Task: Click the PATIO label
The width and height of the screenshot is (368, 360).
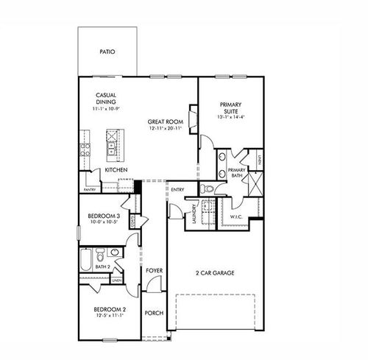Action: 107,52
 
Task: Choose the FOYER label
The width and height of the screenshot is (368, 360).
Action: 153,271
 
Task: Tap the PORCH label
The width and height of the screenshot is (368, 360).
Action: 154,313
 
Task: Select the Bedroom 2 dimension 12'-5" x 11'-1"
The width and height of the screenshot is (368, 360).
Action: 107,317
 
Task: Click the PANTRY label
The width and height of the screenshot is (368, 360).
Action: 90,189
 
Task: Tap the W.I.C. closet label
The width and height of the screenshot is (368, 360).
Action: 236,216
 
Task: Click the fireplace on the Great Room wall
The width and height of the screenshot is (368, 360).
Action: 194,119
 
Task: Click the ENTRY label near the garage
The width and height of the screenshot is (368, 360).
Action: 177,190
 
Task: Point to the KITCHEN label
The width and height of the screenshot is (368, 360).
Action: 116,170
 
